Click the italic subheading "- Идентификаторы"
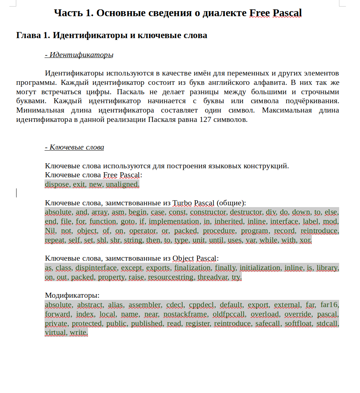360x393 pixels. (x=79, y=55)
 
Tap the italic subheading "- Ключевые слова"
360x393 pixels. (x=74, y=147)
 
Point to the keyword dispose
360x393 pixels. (x=57, y=184)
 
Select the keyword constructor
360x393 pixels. (x=208, y=212)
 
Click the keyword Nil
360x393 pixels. (x=51, y=231)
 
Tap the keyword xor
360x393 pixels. (x=305, y=240)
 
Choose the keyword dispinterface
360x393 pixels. (x=96, y=268)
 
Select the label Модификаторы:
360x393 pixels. (x=72, y=296)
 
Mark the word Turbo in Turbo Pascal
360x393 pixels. (x=182, y=203)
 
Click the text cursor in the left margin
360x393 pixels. (x=17, y=193)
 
